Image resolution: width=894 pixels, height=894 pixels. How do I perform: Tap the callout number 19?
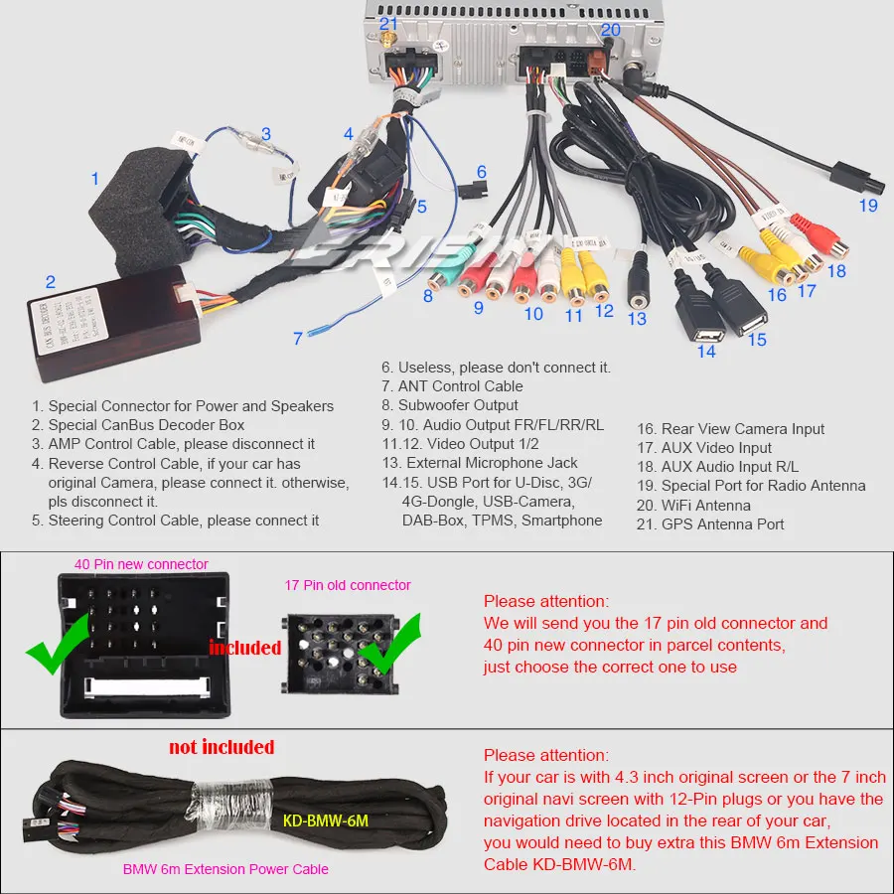[x=869, y=206]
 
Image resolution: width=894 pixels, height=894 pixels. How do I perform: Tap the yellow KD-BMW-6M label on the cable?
[x=325, y=820]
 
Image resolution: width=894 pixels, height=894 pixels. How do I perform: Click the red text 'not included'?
[x=222, y=746]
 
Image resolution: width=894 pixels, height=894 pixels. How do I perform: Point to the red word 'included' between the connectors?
[x=244, y=648]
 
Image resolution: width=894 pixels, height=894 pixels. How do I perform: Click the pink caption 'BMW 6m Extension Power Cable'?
[x=225, y=869]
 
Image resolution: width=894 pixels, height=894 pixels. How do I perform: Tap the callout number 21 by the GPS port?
[x=388, y=22]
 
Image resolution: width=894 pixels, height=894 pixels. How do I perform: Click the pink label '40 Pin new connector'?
[x=141, y=564]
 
